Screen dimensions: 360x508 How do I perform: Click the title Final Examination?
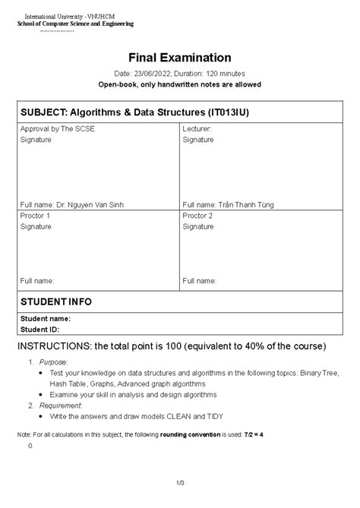coord(179,58)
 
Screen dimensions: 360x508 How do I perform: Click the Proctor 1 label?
coord(35,216)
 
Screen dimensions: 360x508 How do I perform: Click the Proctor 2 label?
coord(197,216)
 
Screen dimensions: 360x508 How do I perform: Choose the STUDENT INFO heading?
coord(56,301)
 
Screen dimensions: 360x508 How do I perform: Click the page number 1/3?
coord(180,482)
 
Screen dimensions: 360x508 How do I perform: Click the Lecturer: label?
coord(197,129)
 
